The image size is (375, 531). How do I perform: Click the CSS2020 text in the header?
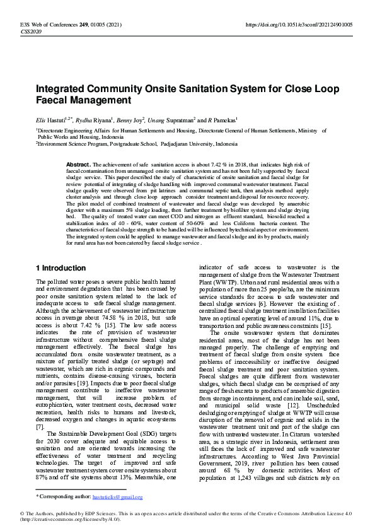31,31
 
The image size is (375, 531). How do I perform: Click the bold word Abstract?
79,165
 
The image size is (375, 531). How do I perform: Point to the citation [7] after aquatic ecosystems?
40,409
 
